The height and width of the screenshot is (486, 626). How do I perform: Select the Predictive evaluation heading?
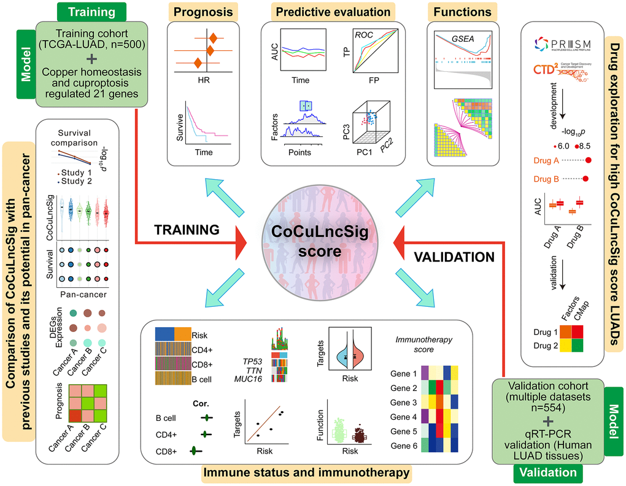point(327,12)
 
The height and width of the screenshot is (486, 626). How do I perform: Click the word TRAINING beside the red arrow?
point(187,230)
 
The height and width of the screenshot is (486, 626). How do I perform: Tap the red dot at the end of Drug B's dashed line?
point(585,180)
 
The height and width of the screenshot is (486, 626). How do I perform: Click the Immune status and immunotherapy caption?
point(306,472)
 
